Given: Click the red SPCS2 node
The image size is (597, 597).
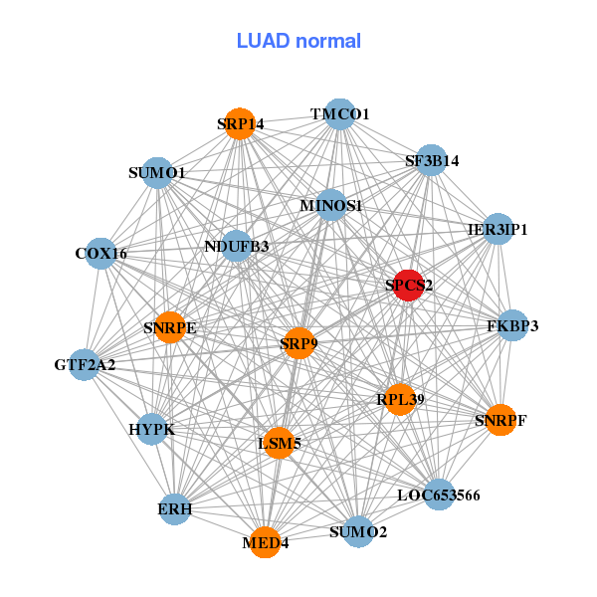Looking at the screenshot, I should point(408,286).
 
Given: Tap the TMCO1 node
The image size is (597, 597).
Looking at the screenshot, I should point(339,114).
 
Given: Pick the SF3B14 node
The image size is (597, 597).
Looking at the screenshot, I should point(430,160).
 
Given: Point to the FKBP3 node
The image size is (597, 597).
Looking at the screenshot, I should point(511,325).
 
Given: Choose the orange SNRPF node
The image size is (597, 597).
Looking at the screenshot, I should point(499,420).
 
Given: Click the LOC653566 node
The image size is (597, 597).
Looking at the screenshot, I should point(439,494).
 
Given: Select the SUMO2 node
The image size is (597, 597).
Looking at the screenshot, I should point(358,531).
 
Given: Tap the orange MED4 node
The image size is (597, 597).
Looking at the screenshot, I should point(265,542).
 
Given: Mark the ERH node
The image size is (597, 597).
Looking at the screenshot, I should point(175,508).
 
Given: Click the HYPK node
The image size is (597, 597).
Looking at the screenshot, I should point(152,429).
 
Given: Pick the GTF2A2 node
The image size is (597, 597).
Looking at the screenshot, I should point(87,364).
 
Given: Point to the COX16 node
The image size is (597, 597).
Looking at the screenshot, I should point(100,254).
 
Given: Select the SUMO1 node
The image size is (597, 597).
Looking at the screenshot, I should point(157,173).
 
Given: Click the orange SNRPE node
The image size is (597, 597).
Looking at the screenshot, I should point(170,327).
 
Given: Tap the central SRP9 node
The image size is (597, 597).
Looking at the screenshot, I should point(298,343).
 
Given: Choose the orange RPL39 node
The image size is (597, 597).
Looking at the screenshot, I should point(400,399).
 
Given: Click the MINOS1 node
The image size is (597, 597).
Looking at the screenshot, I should point(330,206).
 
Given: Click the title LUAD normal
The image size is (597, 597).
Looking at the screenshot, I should point(298,41).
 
